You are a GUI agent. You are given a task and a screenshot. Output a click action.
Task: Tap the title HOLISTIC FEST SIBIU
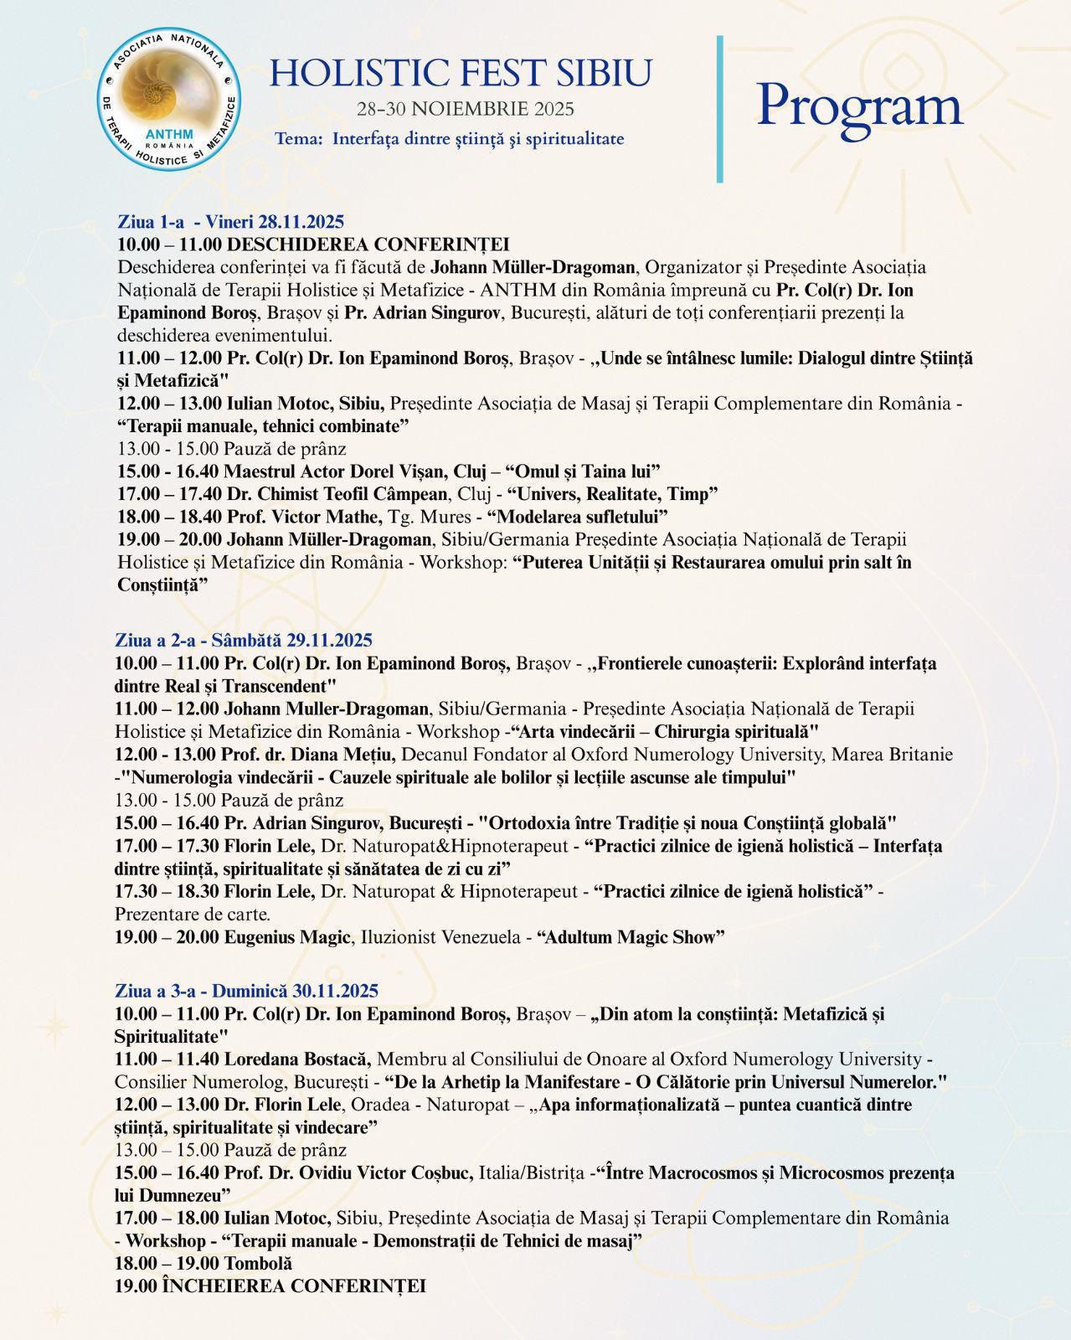pos(460,74)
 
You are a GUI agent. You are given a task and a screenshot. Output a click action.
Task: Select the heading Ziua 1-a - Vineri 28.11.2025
pos(231,222)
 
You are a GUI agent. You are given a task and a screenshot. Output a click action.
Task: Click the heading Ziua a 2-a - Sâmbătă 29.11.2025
pos(243,641)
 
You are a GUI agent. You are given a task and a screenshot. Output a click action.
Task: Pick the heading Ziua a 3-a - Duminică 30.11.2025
pos(246,991)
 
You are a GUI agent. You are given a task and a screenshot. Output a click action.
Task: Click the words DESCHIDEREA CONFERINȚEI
pos(368,245)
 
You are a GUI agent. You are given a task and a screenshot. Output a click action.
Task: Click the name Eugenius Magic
pos(286,937)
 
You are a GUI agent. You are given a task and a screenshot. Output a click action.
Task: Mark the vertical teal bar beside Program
pos(719,109)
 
